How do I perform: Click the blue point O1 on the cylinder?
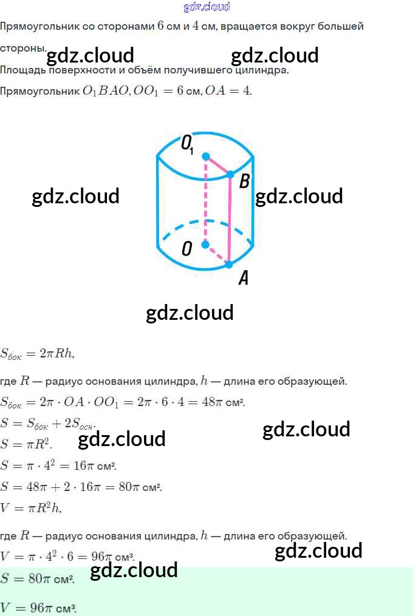coord(206,157)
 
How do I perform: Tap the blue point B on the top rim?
coord(231,174)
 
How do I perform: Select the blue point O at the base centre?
coord(205,245)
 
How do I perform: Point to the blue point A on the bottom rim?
coord(229,264)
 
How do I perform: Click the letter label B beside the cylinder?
coord(244,181)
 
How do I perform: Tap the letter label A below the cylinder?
coord(244,278)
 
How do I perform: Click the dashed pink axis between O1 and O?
coord(205,200)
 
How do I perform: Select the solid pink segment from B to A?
coord(230,219)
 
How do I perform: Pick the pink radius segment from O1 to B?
coord(218,166)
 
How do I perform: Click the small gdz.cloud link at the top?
coord(206,6)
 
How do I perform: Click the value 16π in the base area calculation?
coord(84,465)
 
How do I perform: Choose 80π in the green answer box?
coord(39,578)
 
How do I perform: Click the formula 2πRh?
coord(56,353)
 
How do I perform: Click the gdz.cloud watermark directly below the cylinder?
coord(189,313)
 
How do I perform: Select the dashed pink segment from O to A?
coord(217,254)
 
